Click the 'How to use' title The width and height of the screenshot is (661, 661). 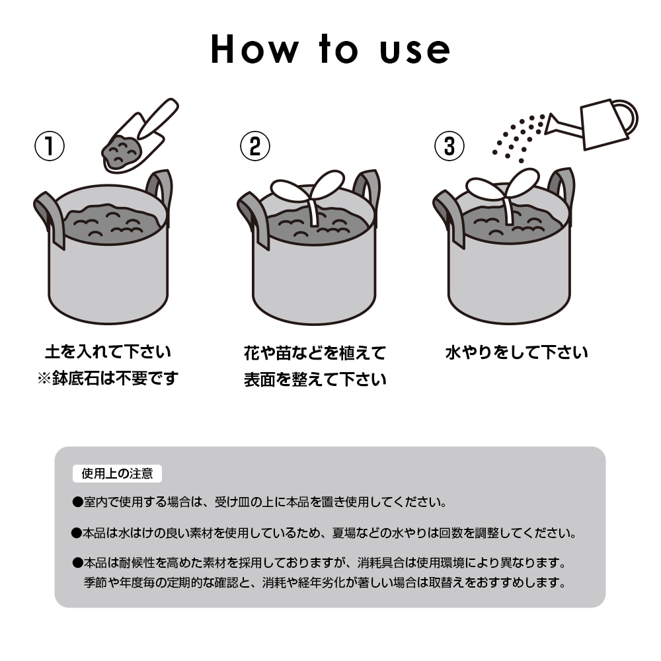(330, 50)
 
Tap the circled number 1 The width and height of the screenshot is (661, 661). (50, 146)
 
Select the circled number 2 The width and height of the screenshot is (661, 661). (255, 146)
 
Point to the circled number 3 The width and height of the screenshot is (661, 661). (449, 146)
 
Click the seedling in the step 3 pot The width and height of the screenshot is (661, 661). (504, 193)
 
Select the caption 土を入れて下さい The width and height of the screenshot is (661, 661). (108, 352)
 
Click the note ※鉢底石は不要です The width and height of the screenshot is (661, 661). (108, 378)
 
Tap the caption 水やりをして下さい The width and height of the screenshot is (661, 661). (516, 352)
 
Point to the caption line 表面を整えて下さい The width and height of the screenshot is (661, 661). (315, 379)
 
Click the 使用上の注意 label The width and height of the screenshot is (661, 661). (117, 473)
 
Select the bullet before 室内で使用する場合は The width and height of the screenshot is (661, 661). (77, 502)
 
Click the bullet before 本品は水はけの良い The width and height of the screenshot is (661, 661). (76, 533)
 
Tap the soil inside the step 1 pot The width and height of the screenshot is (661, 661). (112, 223)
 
